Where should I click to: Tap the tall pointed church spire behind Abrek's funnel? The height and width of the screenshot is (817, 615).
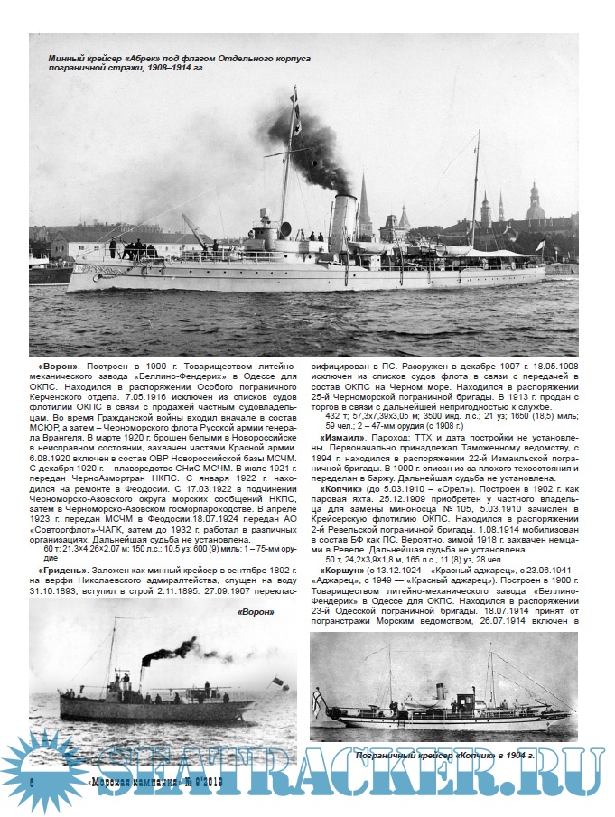364,203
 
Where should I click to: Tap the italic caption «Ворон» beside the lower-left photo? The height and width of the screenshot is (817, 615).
254,612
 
